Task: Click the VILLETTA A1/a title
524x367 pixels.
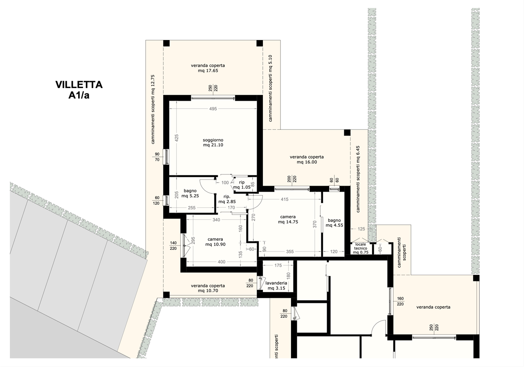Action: click(x=79, y=90)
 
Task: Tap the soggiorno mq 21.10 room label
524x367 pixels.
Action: click(x=213, y=142)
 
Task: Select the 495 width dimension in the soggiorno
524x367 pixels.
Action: click(x=213, y=109)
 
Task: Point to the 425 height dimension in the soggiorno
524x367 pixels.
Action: click(x=176, y=138)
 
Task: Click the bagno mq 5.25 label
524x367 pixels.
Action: click(x=190, y=193)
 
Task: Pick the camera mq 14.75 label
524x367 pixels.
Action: click(x=288, y=219)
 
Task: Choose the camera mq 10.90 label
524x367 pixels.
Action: click(x=215, y=242)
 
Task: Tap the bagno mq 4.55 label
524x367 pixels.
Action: click(x=334, y=223)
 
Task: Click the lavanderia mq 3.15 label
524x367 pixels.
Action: click(x=276, y=285)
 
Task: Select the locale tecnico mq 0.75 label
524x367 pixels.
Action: click(x=361, y=248)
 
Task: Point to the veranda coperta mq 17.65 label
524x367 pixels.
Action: click(x=208, y=68)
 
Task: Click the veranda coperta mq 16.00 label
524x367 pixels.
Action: click(x=307, y=159)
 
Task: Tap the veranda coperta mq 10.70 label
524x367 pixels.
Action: click(x=208, y=288)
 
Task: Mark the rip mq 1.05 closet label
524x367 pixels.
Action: click(x=242, y=185)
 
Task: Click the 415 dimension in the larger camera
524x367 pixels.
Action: click(x=285, y=199)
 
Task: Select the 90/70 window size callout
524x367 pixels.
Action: click(x=157, y=157)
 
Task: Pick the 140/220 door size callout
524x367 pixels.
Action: click(x=173, y=246)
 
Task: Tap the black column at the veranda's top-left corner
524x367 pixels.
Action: click(x=166, y=43)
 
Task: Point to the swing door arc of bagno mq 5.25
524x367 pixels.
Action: click(x=206, y=186)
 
